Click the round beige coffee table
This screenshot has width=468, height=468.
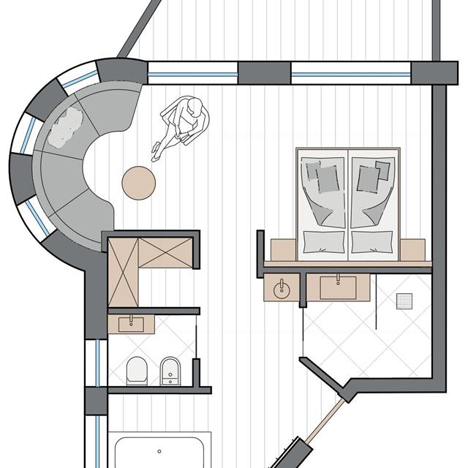(x=138, y=182)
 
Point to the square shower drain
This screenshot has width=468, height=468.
(x=405, y=299)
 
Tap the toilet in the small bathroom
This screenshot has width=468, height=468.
(x=136, y=371)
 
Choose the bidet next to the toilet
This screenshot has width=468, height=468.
(x=170, y=371)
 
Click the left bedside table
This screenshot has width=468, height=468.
(x=283, y=249)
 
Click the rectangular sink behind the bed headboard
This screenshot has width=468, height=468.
(x=339, y=287)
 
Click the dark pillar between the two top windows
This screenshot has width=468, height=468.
(x=264, y=72)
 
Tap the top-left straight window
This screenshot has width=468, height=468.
(x=193, y=72)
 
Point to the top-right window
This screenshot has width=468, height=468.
(x=351, y=73)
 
